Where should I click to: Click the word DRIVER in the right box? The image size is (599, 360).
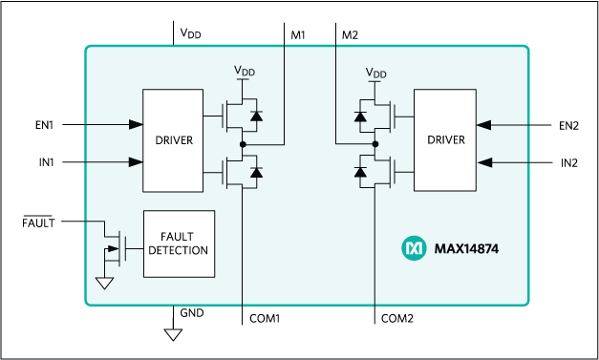[x=445, y=140]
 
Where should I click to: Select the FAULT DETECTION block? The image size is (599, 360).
[x=179, y=244]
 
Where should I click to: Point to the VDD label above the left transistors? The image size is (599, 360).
[x=245, y=73]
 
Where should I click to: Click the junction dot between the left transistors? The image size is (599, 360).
[x=245, y=144]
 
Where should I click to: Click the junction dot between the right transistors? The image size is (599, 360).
[x=375, y=144]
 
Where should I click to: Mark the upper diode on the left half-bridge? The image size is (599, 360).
[x=254, y=116]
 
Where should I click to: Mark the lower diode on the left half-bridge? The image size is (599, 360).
[x=254, y=172]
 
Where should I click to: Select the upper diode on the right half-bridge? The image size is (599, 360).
[x=360, y=116]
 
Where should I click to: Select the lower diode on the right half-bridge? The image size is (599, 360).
[x=360, y=172]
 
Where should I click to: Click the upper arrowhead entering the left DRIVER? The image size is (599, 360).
[x=137, y=124]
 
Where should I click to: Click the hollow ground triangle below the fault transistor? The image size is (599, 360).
[x=105, y=283]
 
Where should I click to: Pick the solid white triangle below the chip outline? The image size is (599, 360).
[x=173, y=334]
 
